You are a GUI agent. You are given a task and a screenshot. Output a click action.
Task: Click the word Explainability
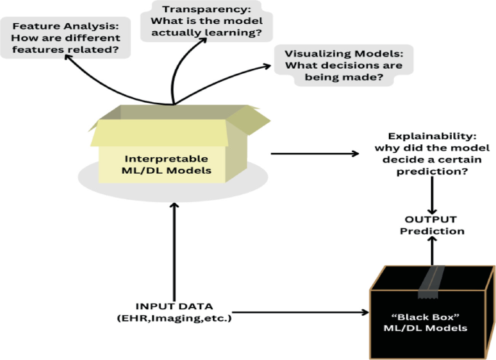(x=432, y=136)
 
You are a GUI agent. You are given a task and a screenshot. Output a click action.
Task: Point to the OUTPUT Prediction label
(x=432, y=225)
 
